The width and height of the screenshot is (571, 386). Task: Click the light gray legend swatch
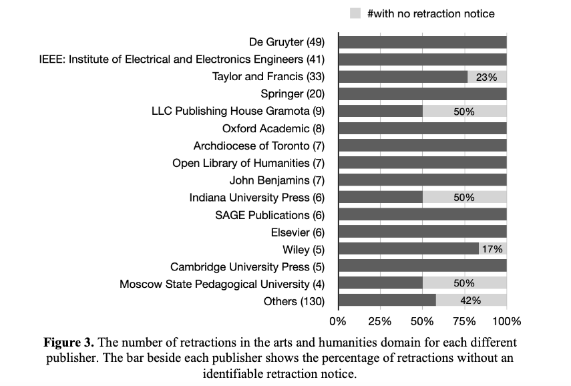(x=355, y=13)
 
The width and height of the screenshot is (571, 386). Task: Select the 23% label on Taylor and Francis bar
(x=486, y=77)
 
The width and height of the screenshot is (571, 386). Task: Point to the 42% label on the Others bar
(x=471, y=301)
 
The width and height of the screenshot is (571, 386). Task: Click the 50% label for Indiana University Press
(x=463, y=198)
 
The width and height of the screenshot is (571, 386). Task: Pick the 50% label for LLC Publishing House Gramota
(x=463, y=112)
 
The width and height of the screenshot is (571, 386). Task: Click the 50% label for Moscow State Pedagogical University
(x=463, y=284)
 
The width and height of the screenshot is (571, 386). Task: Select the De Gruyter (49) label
(x=287, y=42)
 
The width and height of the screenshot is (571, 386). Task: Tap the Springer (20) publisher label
(x=293, y=93)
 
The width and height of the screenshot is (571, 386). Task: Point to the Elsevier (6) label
(x=297, y=232)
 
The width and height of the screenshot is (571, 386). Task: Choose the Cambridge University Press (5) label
(x=247, y=266)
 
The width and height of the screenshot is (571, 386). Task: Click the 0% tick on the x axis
(x=338, y=321)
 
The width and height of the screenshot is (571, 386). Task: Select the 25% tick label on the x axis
(x=379, y=321)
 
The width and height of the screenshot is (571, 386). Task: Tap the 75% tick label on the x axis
(x=465, y=321)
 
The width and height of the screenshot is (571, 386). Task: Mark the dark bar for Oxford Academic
(x=422, y=128)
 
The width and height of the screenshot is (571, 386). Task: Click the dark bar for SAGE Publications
(x=422, y=215)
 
